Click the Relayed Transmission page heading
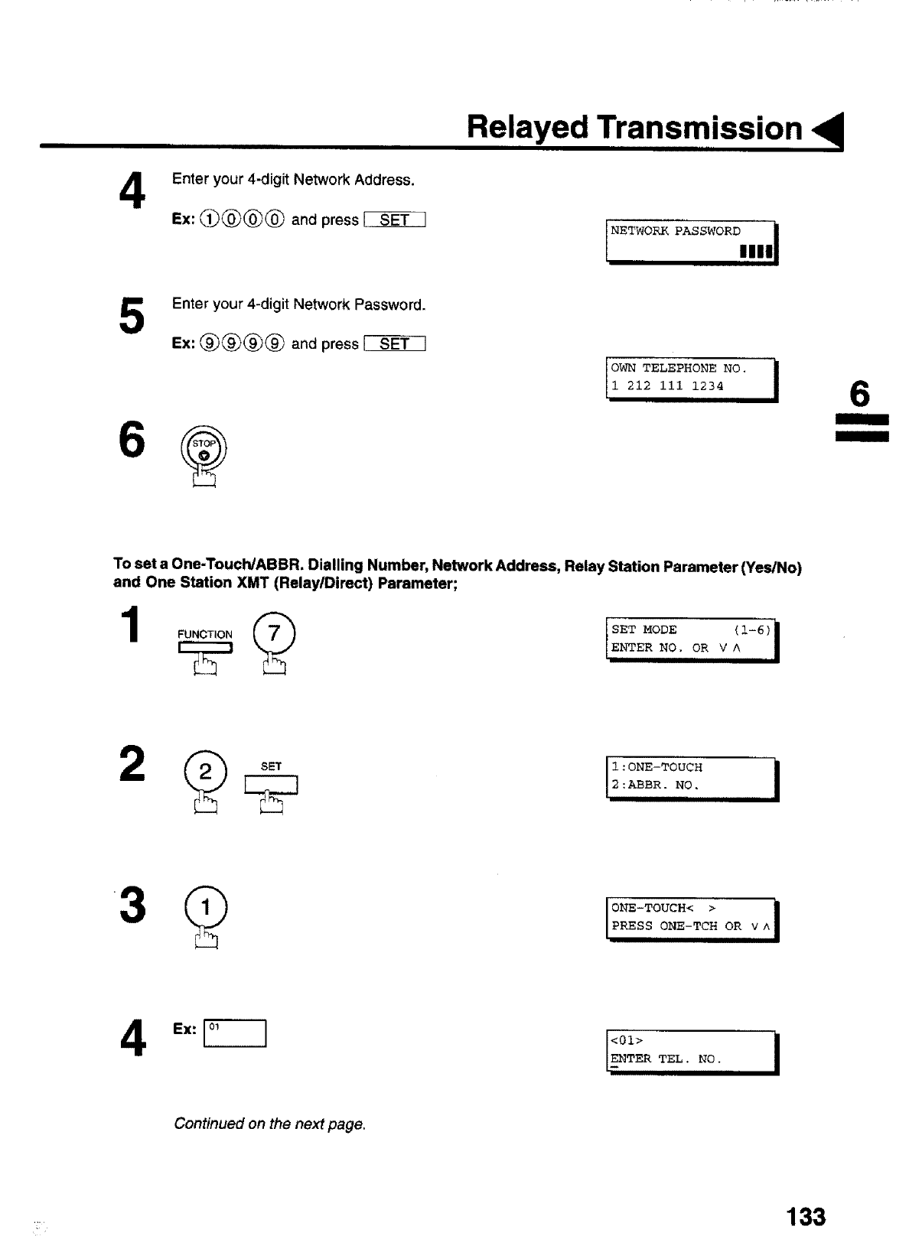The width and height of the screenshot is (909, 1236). pyautogui.click(x=634, y=128)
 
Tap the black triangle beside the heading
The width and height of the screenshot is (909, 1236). pyautogui.click(x=830, y=131)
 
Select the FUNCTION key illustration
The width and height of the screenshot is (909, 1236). pyautogui.click(x=205, y=647)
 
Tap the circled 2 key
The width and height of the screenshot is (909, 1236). pyautogui.click(x=205, y=772)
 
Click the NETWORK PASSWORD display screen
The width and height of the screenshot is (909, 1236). pyautogui.click(x=691, y=241)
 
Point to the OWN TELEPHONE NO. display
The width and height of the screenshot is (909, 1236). pyautogui.click(x=691, y=379)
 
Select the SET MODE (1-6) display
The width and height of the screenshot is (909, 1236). pyautogui.click(x=691, y=639)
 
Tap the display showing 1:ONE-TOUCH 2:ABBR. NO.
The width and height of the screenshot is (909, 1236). pyautogui.click(x=691, y=777)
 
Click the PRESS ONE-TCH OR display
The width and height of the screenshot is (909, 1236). pyautogui.click(x=691, y=918)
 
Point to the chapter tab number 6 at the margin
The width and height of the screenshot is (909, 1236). pyautogui.click(x=860, y=396)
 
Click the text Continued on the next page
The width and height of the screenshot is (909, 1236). pyautogui.click(x=270, y=1124)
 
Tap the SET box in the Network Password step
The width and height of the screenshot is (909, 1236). pyautogui.click(x=394, y=344)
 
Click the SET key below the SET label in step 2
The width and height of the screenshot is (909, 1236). pyautogui.click(x=271, y=786)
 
